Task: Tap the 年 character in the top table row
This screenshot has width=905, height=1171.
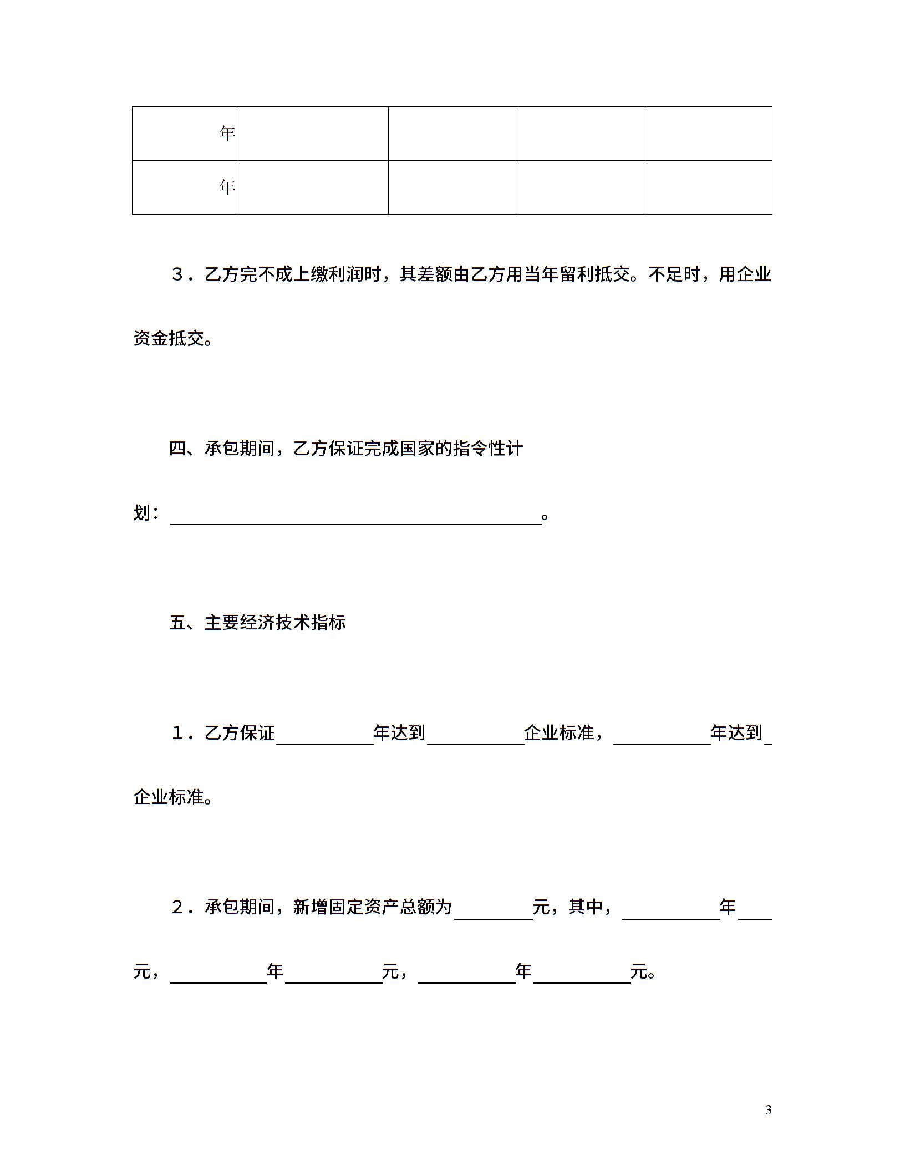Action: coord(227,134)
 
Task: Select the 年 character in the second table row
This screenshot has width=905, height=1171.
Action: coord(227,187)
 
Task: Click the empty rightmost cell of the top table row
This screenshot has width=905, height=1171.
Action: coord(708,134)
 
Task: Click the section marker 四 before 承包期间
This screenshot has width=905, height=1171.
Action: coord(177,448)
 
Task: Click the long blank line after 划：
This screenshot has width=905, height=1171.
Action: coord(355,516)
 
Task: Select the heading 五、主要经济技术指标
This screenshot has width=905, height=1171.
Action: coord(257,623)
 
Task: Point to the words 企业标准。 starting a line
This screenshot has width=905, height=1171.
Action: coord(172,797)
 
